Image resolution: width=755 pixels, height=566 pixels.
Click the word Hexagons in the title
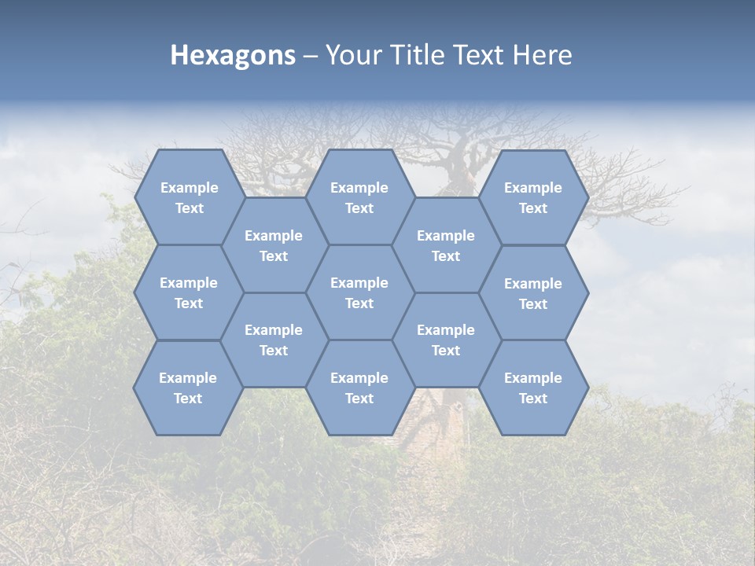[233, 55]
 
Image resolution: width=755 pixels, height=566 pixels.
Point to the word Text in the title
[480, 55]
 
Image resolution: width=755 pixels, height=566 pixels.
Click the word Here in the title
[542, 55]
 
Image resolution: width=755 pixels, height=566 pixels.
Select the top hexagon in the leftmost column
[189, 197]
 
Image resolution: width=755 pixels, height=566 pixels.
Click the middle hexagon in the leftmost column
[189, 292]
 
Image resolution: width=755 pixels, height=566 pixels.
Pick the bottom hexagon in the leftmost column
[189, 388]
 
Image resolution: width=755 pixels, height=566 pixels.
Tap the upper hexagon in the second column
[274, 245]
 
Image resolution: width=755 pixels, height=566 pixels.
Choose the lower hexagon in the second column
[274, 340]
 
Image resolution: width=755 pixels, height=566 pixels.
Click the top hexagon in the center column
[359, 197]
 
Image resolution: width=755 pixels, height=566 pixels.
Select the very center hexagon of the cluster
[359, 292]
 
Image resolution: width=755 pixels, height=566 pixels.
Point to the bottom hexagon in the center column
[359, 388]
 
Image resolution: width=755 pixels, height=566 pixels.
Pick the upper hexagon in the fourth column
[446, 245]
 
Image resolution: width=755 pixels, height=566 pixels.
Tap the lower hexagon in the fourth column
[446, 340]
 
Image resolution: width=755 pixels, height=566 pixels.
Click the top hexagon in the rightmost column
[533, 197]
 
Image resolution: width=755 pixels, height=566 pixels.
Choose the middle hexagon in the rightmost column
[533, 293]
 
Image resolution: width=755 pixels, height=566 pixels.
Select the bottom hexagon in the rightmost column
[533, 388]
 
